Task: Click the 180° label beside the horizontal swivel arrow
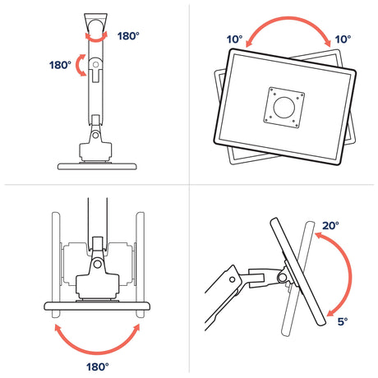pos(128,36)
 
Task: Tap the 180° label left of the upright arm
pos(60,65)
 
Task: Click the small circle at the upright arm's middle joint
pos(95,65)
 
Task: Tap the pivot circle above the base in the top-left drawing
pos(95,135)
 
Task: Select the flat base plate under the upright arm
pos(97,166)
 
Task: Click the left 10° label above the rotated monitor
pos(234,39)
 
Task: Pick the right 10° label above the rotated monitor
pos(343,39)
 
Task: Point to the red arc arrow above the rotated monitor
pos(288,19)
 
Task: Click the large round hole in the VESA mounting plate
pos(284,108)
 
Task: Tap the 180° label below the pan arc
pos(98,366)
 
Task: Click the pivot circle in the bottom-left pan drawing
pos(97,264)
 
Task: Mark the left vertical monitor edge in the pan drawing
pos(56,265)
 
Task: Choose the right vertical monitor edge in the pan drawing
pos(141,265)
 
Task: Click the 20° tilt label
pos(330,226)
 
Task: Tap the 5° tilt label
pos(343,321)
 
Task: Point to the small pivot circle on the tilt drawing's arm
pos(233,279)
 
